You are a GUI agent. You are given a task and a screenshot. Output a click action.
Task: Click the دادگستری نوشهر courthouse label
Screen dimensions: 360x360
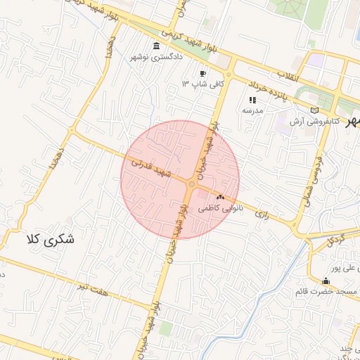point(155,56)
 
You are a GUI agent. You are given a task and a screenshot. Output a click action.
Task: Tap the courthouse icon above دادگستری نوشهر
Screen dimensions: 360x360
point(155,46)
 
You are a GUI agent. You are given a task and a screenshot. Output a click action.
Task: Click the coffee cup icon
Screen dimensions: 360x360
point(202,73)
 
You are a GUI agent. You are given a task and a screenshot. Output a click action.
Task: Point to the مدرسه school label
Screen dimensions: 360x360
point(252,110)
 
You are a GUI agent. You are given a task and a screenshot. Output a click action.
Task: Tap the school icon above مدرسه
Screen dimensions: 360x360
point(252,100)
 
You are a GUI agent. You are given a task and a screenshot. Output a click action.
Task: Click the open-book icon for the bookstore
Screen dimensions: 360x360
point(314,110)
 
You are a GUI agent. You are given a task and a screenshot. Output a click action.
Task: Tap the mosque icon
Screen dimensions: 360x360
point(324,281)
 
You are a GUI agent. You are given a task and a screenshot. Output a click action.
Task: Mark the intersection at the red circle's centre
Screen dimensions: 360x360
point(191,184)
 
